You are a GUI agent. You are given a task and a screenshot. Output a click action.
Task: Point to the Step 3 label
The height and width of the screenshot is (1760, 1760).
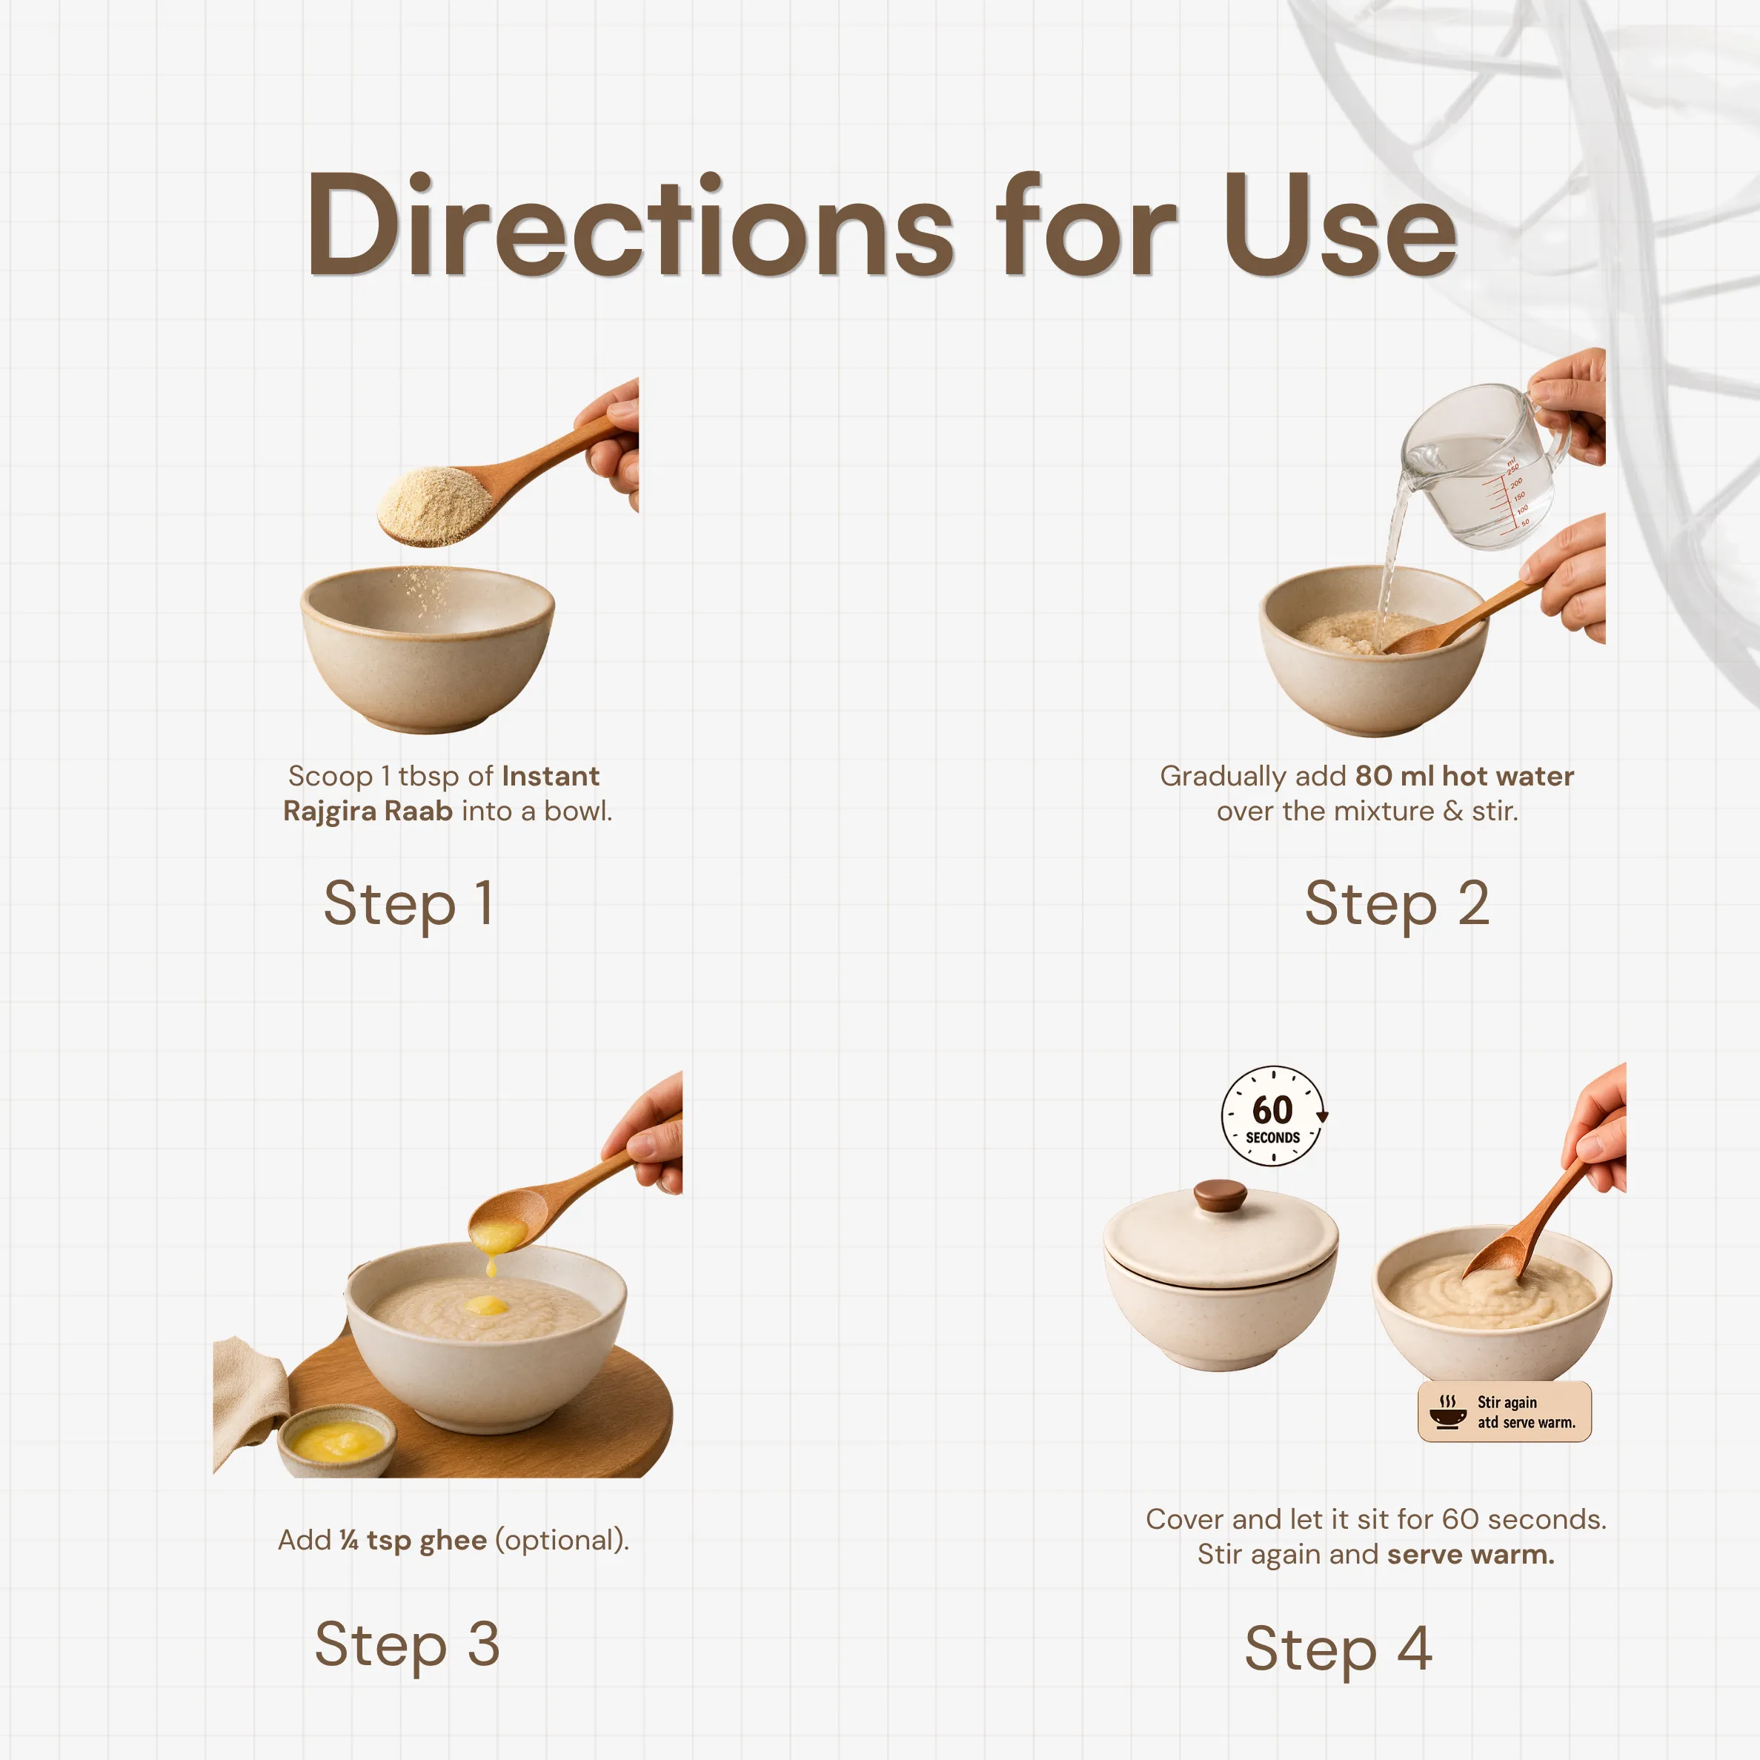[407, 1645]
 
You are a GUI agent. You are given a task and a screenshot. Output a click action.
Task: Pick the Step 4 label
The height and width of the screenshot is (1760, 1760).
[1338, 1649]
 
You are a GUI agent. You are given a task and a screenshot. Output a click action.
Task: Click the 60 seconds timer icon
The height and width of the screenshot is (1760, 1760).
[1274, 1116]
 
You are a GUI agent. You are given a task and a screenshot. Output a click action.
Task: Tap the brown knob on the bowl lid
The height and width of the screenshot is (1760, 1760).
[1220, 1195]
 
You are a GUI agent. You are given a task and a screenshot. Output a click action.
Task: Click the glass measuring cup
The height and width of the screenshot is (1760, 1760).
[1485, 465]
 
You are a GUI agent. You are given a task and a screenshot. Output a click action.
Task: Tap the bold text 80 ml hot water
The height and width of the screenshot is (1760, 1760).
[1464, 776]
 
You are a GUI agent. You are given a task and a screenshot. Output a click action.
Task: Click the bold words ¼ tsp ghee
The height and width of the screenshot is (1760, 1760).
[413, 1541]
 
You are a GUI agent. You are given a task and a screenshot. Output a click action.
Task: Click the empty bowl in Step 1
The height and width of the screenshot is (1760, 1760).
[428, 648]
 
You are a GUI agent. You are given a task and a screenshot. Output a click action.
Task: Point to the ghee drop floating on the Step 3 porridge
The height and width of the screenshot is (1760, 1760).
[488, 1306]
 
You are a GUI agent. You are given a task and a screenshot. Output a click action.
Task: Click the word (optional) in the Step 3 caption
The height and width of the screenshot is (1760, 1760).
[562, 1541]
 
